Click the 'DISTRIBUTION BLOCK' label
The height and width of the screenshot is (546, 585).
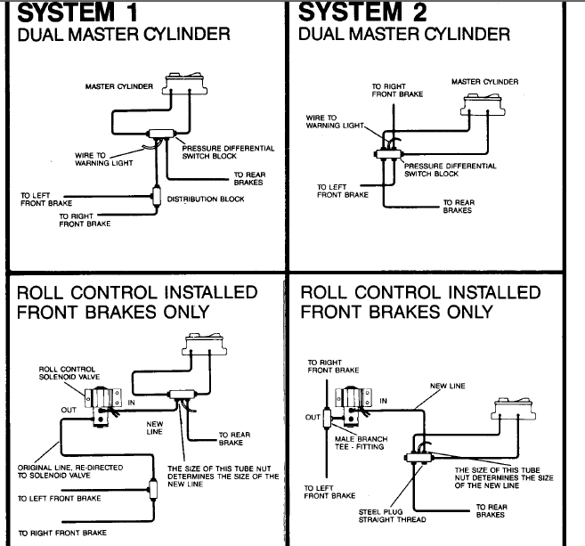click(206, 200)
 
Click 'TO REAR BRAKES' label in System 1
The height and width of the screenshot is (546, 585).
click(248, 177)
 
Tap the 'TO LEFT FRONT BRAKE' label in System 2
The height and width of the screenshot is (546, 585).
click(343, 191)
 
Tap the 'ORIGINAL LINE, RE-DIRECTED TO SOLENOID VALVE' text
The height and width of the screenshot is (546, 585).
click(70, 471)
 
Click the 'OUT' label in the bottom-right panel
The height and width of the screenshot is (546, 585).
click(312, 417)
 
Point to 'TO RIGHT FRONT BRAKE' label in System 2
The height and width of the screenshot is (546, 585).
click(397, 90)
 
